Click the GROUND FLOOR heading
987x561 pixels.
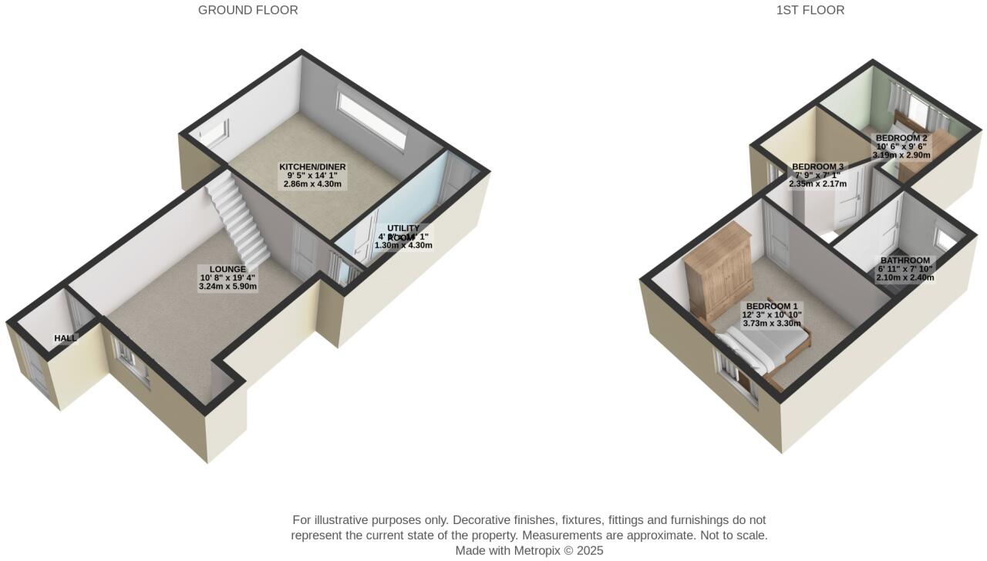click(248, 10)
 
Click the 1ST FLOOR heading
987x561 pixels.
click(810, 10)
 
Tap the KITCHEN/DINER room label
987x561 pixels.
click(312, 167)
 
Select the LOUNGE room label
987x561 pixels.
click(227, 270)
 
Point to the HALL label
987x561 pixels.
click(66, 338)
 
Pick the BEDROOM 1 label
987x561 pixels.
click(772, 307)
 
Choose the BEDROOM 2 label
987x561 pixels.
click(901, 139)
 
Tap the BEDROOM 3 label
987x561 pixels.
click(818, 167)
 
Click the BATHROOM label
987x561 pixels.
click(904, 260)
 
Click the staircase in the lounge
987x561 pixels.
click(240, 219)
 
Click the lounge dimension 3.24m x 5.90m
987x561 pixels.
click(227, 287)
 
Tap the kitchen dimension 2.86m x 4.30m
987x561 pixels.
click(312, 184)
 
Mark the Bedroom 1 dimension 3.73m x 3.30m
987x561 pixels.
click(772, 324)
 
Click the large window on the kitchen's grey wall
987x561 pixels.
click(372, 120)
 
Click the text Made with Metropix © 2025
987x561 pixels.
click(529, 550)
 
